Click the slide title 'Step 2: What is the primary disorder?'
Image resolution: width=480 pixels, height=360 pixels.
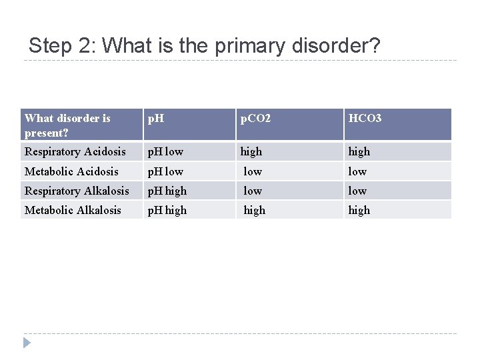(205, 45)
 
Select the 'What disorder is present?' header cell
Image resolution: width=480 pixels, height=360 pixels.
(67, 125)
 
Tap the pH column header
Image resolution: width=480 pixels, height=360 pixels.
(156, 119)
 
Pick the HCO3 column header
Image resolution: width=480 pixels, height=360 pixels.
(365, 119)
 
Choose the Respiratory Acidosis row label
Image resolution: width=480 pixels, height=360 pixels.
(75, 152)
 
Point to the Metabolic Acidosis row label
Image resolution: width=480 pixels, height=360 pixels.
(71, 172)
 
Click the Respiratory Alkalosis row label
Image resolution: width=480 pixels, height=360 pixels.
(77, 191)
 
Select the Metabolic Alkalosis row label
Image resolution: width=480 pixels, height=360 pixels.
(73, 210)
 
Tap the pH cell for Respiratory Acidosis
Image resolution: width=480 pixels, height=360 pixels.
(165, 152)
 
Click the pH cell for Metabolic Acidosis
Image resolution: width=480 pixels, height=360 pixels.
(165, 172)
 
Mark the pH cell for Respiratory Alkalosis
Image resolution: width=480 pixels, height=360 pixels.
(167, 191)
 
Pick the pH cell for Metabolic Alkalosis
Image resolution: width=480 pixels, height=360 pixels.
(167, 210)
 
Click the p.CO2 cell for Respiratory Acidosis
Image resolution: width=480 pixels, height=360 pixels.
(251, 152)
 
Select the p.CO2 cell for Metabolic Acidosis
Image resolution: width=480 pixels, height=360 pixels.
(253, 172)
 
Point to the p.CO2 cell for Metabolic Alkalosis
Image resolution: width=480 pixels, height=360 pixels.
(255, 210)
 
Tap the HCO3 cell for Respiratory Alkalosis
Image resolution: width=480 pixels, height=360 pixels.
(357, 191)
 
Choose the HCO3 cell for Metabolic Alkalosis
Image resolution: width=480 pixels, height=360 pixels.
(359, 210)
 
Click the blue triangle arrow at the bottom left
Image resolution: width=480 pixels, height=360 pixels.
(26, 343)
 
